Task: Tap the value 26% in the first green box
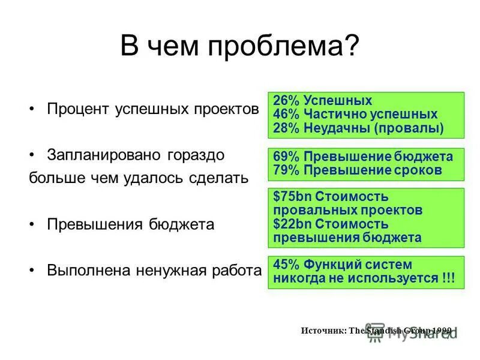(286, 101)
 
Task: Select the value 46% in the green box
(286, 114)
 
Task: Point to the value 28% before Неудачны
(286, 127)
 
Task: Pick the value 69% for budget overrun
(286, 157)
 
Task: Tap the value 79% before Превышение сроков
(286, 170)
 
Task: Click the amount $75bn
(293, 197)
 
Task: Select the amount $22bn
(293, 224)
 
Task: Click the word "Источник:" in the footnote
(322, 331)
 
